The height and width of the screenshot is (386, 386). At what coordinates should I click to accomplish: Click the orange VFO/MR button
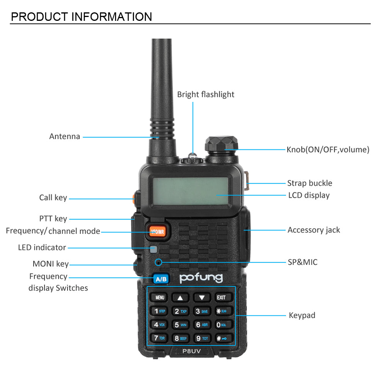pos(157,231)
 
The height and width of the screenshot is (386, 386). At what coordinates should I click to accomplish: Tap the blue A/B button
pos(161,279)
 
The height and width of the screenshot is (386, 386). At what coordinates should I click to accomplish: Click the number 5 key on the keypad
pos(180,325)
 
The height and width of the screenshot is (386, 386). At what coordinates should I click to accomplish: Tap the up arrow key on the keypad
pos(180,298)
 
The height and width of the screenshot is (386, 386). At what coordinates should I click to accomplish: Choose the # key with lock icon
pos(221,339)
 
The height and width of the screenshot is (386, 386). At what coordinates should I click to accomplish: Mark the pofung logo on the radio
pos(201,278)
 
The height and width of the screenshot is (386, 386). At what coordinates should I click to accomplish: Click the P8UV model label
pos(192,350)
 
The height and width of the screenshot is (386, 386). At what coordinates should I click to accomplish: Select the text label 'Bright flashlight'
pos(205,95)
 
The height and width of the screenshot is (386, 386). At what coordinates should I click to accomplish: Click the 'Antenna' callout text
pos(64,136)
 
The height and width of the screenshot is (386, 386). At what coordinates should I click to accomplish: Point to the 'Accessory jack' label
pos(313,230)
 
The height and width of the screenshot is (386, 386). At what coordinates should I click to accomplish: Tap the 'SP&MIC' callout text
pos(303,262)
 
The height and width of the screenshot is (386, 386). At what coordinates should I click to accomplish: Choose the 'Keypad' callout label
pos(302,315)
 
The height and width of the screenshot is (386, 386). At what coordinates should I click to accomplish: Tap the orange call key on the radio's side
pos(134,198)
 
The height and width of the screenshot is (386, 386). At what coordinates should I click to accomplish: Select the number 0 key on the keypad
pos(221,325)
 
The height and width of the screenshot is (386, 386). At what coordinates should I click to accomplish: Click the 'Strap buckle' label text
pos(309,183)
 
